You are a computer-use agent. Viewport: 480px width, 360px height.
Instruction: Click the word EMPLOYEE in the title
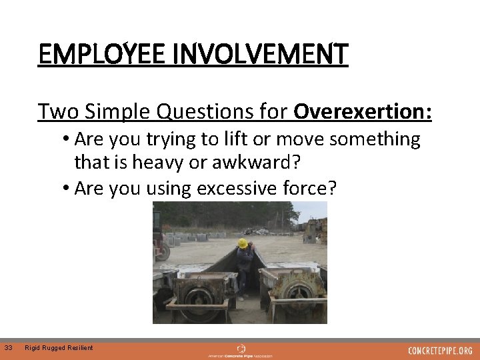[x=103, y=54]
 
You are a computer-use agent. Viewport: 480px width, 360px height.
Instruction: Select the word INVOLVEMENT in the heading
[x=261, y=54]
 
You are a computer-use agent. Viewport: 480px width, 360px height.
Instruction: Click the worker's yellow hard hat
[x=243, y=244]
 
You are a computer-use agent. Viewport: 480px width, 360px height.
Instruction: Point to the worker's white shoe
[x=240, y=297]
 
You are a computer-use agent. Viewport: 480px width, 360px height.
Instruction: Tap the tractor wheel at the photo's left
[x=162, y=252]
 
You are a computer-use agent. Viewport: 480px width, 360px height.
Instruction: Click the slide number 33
[x=9, y=347]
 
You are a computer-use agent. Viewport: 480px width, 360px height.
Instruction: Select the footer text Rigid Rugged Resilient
[x=59, y=347]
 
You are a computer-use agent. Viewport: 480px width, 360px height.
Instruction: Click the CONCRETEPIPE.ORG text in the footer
[x=440, y=351]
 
